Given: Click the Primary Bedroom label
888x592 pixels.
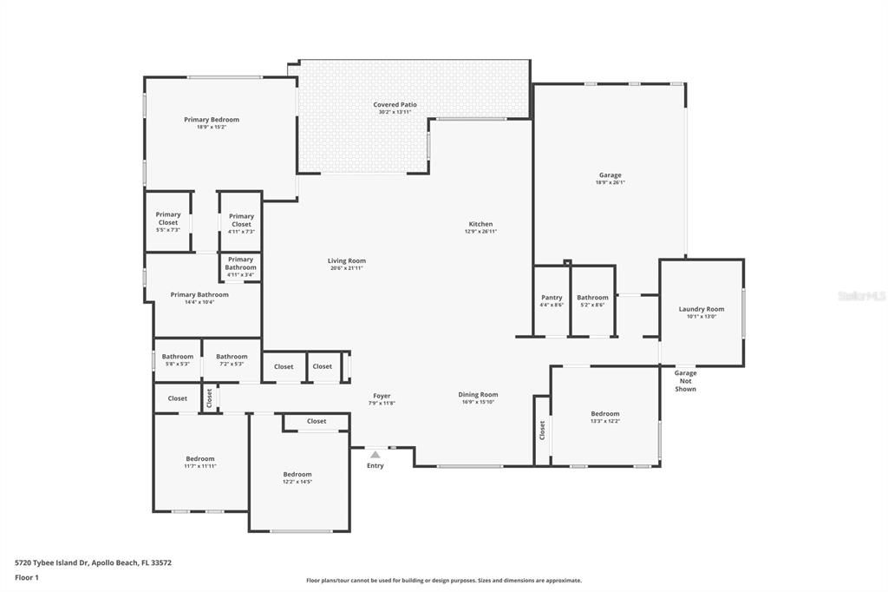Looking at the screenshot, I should [x=212, y=120].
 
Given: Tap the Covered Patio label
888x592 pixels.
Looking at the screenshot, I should [x=395, y=105].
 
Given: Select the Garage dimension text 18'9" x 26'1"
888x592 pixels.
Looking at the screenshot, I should [x=610, y=182].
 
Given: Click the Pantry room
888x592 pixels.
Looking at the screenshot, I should [x=552, y=301].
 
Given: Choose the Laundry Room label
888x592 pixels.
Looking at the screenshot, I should [x=701, y=309].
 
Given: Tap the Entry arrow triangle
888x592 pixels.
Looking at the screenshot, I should [x=375, y=454].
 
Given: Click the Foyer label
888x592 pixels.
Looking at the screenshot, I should [x=382, y=396].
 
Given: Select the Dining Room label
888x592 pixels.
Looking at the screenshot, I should [x=478, y=395].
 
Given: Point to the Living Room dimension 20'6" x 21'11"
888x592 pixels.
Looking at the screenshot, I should [x=346, y=268].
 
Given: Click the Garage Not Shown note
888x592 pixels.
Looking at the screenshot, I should [x=685, y=381].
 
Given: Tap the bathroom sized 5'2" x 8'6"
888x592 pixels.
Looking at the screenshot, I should [x=593, y=301].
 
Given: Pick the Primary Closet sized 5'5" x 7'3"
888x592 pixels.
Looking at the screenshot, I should [x=168, y=222].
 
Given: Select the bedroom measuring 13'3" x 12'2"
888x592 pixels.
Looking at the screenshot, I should [x=604, y=418].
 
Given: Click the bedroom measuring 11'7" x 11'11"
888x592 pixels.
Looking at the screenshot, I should [x=199, y=462].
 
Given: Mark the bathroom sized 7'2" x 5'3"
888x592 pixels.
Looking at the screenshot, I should [x=232, y=359].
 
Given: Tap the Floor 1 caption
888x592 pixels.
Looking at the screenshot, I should [x=27, y=577].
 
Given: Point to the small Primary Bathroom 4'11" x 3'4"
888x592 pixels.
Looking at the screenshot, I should [x=240, y=266].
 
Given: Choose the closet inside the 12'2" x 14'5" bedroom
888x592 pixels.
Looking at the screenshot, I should [x=317, y=421].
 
